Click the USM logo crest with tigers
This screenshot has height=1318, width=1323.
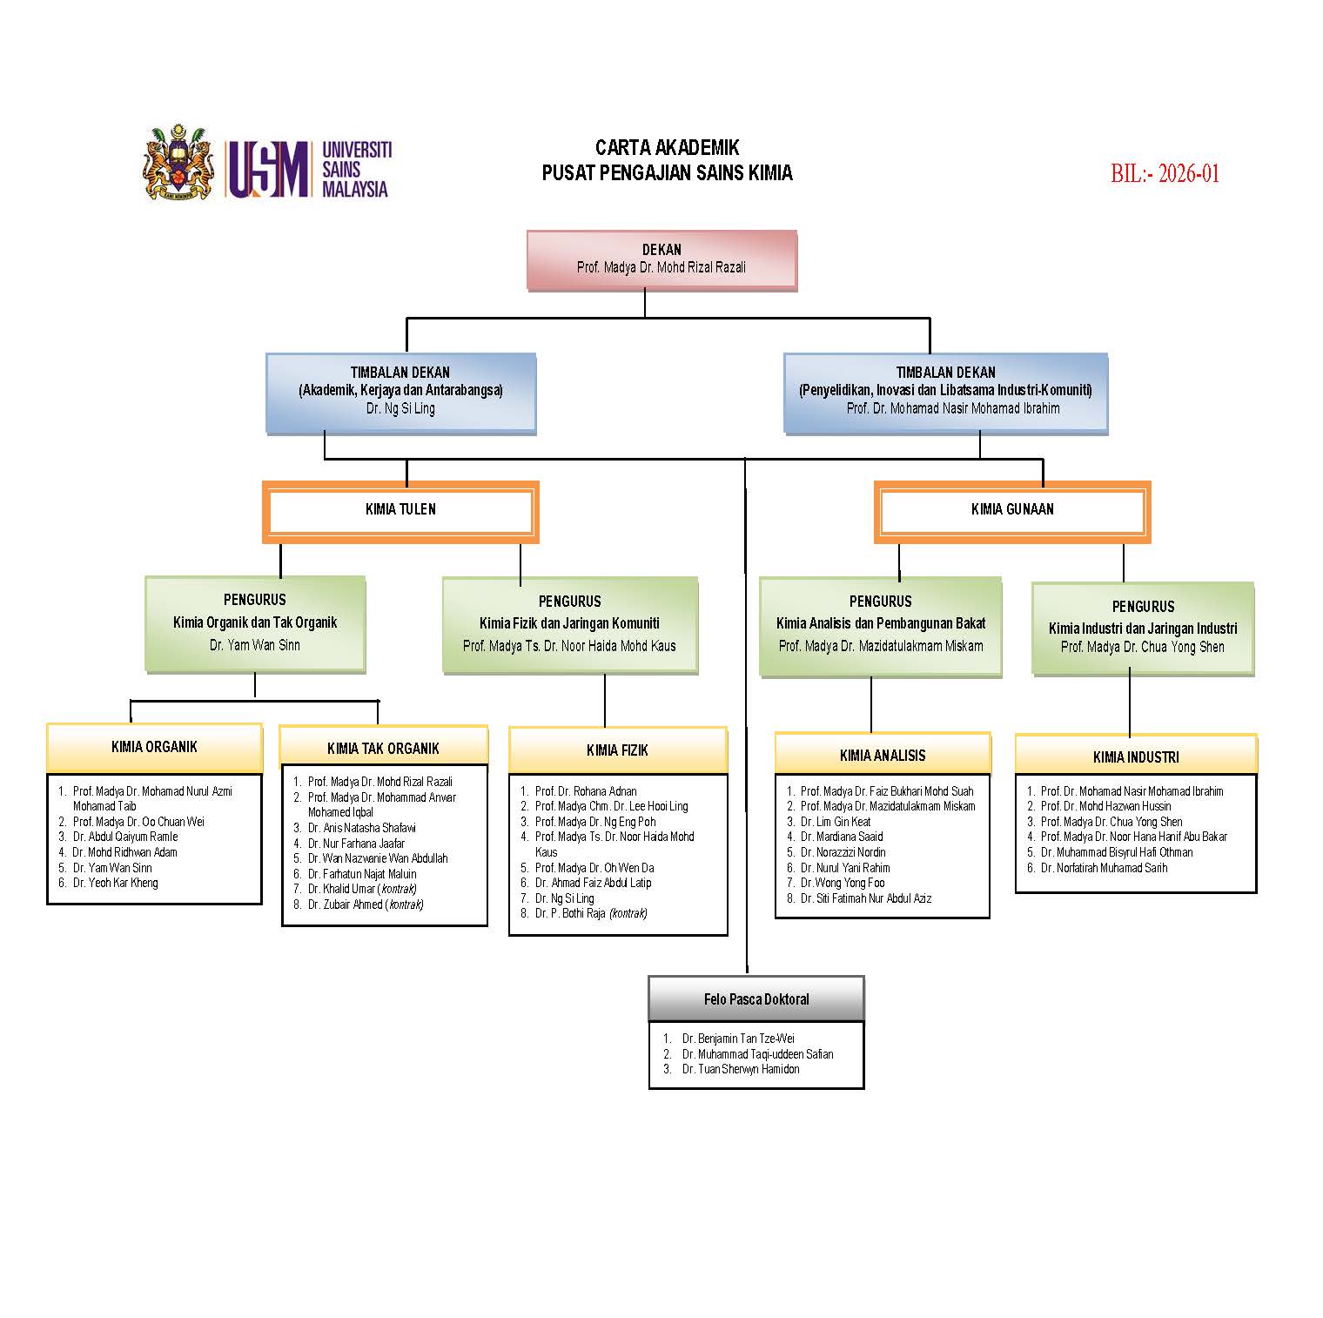click(178, 163)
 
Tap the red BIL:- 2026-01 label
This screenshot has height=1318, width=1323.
click(1165, 173)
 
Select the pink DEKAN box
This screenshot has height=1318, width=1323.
click(661, 259)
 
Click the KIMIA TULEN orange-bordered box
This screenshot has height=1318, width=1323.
click(400, 511)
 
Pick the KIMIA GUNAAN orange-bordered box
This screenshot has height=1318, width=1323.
click(1012, 511)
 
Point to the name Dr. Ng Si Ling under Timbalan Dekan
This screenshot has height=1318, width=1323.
click(400, 408)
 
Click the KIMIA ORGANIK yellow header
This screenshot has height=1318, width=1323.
click(154, 748)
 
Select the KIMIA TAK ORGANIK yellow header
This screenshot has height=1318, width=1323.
click(383, 749)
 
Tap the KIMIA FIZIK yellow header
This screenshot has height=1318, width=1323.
click(617, 750)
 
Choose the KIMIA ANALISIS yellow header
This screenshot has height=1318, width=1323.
click(883, 755)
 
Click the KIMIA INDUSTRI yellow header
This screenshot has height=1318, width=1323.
click(1136, 757)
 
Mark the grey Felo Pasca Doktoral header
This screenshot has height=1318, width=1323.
click(756, 999)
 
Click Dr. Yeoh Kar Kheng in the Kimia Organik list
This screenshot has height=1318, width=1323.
click(115, 883)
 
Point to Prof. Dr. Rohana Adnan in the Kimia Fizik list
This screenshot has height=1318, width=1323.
click(586, 791)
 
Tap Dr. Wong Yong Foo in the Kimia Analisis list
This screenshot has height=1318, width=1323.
click(842, 883)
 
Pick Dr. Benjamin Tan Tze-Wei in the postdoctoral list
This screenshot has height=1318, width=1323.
click(738, 1039)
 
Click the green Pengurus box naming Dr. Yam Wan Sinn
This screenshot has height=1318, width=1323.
click(255, 622)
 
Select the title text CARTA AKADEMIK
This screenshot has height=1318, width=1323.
click(667, 147)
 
